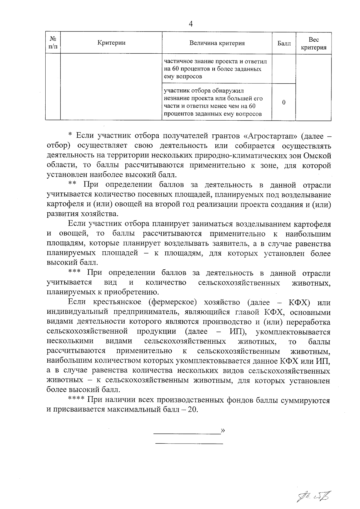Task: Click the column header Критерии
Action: pyautogui.click(x=111, y=43)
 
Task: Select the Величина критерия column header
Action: pyautogui.click(x=217, y=43)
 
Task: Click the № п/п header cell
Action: pyautogui.click(x=53, y=43)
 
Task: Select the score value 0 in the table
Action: pyautogui.click(x=284, y=102)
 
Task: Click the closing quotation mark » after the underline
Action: pyautogui.click(x=223, y=431)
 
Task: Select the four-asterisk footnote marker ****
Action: pyautogui.click(x=76, y=400)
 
